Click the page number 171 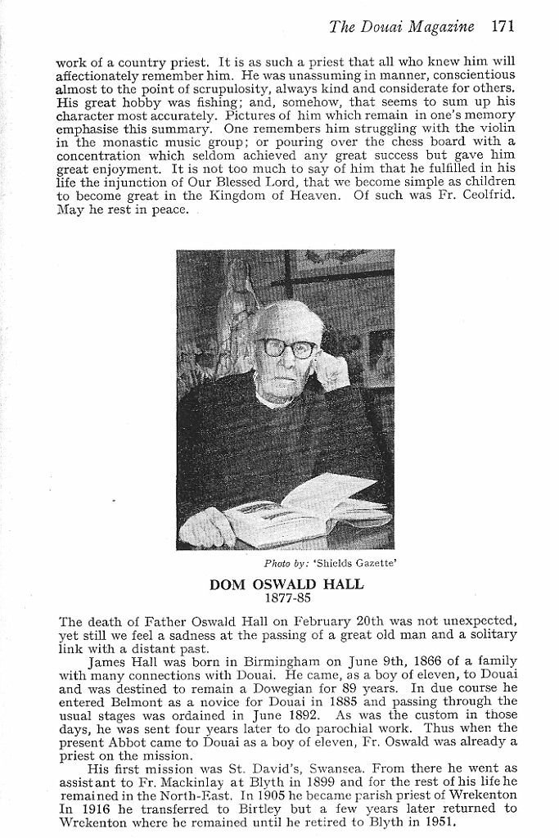click(x=503, y=26)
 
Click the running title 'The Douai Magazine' click(x=401, y=26)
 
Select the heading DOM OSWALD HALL click(x=286, y=585)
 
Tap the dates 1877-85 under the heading click(x=286, y=598)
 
